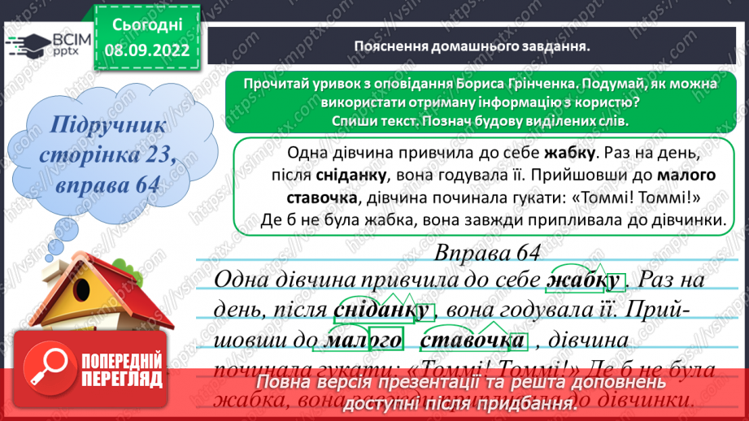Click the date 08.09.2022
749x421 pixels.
(148, 49)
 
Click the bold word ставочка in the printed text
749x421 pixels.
(323, 198)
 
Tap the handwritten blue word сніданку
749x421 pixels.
(381, 310)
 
